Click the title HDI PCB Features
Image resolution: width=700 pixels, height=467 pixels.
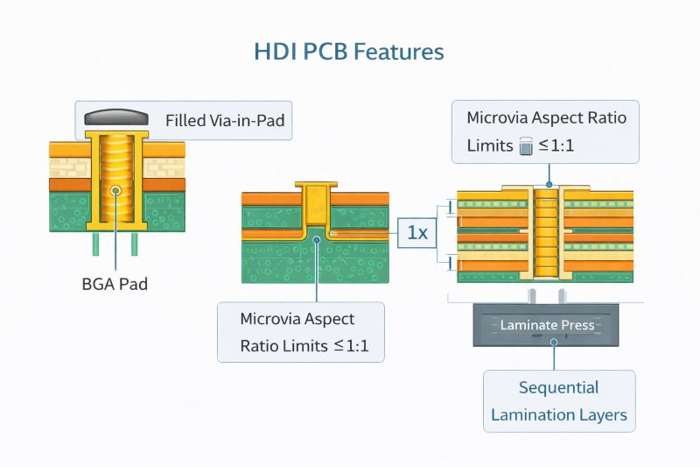(349, 52)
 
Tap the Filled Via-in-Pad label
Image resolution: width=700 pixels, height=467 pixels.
(225, 120)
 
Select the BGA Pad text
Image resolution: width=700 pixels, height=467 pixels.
(116, 284)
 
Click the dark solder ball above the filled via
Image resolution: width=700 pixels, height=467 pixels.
(116, 117)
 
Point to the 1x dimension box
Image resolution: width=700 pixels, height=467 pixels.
(417, 233)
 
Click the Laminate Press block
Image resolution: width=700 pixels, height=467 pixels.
(547, 325)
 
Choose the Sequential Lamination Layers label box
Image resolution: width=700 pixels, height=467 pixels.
(559, 400)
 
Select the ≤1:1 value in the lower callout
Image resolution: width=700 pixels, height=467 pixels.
(351, 346)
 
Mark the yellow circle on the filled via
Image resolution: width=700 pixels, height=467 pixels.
(115, 190)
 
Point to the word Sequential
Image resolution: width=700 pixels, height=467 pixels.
(558, 387)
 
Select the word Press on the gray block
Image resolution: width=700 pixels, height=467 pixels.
(577, 325)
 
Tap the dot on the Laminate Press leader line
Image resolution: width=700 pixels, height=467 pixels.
(553, 343)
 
